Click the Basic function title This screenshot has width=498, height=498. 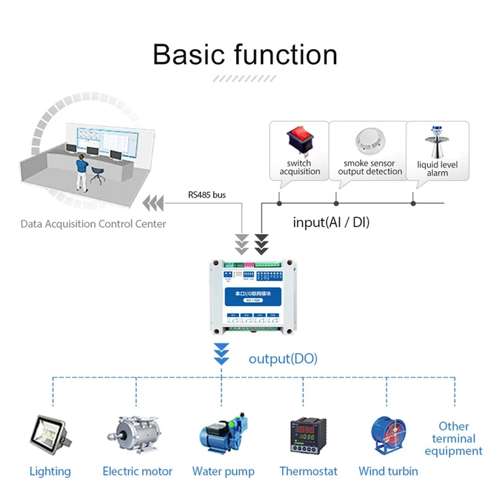pos(245,54)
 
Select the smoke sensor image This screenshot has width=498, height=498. pos(369,142)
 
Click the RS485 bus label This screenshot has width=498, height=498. pos(207,195)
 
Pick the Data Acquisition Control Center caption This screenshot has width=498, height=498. pos(93,223)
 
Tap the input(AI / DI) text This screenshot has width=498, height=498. pos(331,222)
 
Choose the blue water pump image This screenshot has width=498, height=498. pos(222,434)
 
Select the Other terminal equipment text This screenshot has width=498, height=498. pos(454,438)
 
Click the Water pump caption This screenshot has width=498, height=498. pos(223,471)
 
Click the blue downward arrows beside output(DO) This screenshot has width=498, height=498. pos(222,354)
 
